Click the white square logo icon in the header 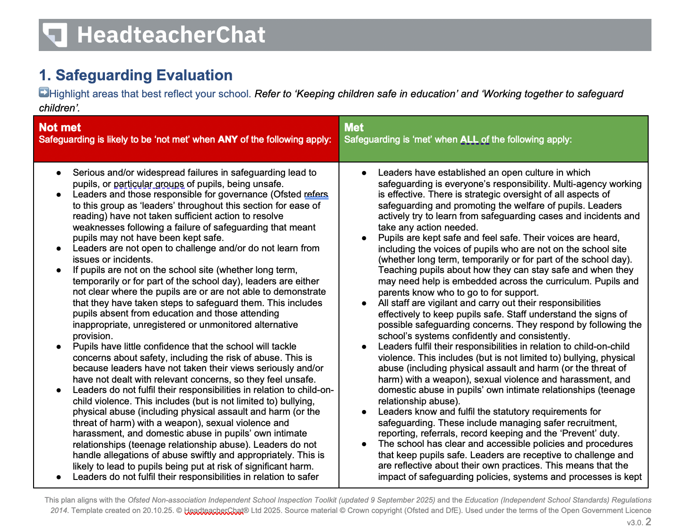(x=55, y=35)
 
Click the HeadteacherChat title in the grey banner (x=171, y=35)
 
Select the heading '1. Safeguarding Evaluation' (x=136, y=75)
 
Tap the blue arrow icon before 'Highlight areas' (x=44, y=93)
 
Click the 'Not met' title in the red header (x=60, y=128)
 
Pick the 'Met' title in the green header (x=354, y=128)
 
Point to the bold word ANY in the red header (x=227, y=139)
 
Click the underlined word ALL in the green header (x=469, y=139)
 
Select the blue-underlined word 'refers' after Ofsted (x=316, y=195)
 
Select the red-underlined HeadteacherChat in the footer (x=214, y=511)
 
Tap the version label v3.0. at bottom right (x=635, y=522)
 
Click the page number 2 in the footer (x=648, y=521)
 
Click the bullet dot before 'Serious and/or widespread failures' (x=59, y=173)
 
